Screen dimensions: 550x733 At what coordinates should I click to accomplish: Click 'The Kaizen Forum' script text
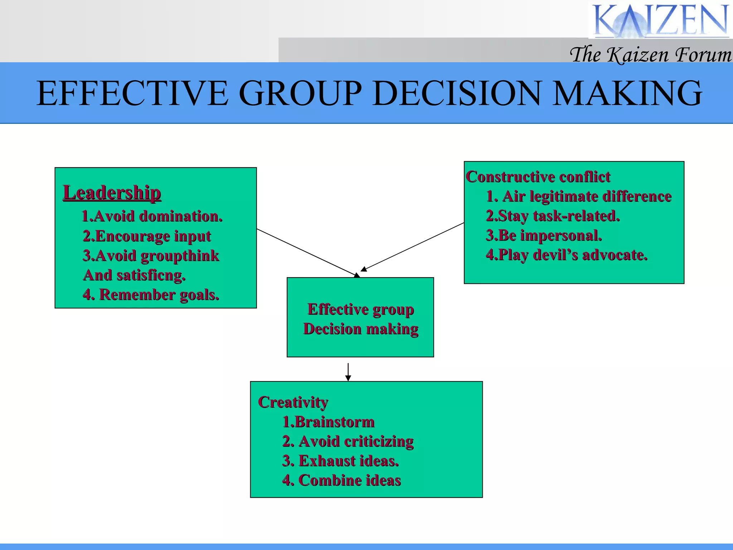pos(650,55)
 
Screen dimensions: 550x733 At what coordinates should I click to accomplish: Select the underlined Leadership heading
pos(112,193)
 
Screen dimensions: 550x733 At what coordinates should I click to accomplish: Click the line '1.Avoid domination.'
pos(152,216)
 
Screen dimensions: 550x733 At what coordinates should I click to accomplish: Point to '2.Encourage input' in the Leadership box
pos(147,236)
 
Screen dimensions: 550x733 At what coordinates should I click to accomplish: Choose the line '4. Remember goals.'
pos(151,295)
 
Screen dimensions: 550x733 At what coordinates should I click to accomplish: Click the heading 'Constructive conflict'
pos(538,177)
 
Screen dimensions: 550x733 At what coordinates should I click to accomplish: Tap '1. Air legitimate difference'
pos(579,196)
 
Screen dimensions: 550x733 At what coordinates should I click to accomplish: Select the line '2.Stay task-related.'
pos(553,216)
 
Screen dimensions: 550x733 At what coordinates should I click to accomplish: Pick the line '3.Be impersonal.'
pos(544,236)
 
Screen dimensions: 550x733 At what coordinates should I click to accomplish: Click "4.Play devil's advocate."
pos(567,255)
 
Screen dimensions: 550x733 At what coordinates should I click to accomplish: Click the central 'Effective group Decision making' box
pos(360,319)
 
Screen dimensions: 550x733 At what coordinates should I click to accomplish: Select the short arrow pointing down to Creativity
pos(348,372)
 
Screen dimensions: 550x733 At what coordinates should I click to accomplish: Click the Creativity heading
pos(293,402)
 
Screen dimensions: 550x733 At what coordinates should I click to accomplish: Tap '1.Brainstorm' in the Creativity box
pos(328,422)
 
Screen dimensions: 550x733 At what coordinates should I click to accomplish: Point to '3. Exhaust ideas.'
pos(340,461)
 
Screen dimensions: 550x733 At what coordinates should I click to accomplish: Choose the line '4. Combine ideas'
pos(341,481)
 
